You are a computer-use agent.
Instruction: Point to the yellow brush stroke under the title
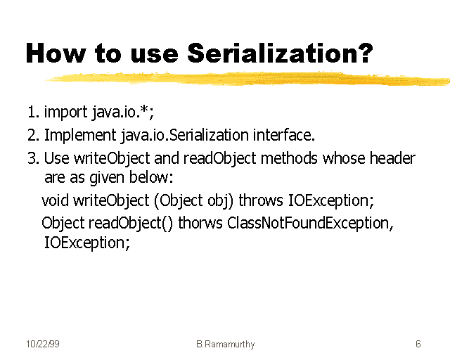pyautogui.click(x=246, y=77)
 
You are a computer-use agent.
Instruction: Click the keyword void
pyautogui.click(x=56, y=201)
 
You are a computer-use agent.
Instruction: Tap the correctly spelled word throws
pyautogui.click(x=262, y=201)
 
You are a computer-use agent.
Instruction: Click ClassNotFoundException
pyautogui.click(x=309, y=224)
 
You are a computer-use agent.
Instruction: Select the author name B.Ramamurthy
pyautogui.click(x=225, y=345)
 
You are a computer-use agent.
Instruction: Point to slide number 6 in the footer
pyautogui.click(x=418, y=345)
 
